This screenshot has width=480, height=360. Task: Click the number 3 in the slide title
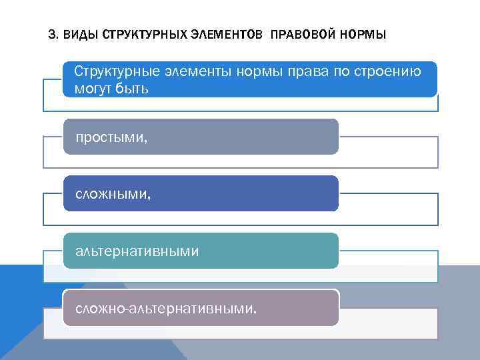(x=53, y=34)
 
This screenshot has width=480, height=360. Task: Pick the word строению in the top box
(x=387, y=72)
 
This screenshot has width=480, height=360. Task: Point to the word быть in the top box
(x=131, y=88)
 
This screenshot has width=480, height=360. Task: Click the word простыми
(x=111, y=137)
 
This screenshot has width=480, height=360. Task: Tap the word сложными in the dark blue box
(x=113, y=194)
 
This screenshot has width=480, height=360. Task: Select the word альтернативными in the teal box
(x=137, y=251)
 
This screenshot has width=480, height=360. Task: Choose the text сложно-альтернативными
(x=165, y=309)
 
